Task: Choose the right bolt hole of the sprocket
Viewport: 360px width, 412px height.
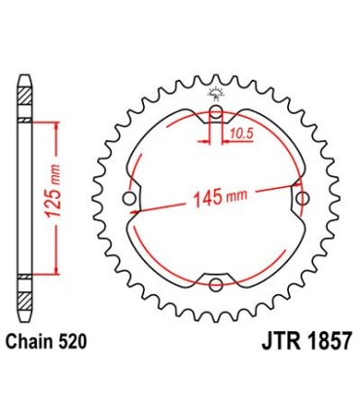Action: [x=301, y=200]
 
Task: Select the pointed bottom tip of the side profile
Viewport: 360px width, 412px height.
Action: [x=25, y=322]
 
